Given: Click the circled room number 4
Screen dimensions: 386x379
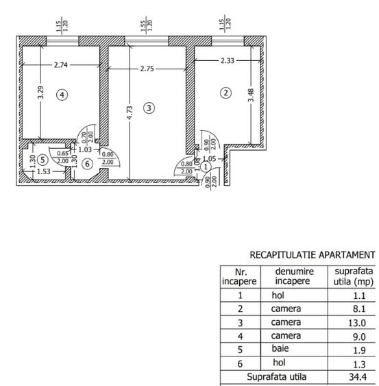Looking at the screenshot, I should (x=62, y=95).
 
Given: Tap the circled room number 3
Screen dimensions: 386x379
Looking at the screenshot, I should (x=149, y=107).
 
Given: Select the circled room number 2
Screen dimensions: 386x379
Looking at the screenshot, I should (x=223, y=93).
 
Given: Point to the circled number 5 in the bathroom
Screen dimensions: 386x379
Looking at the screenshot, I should (x=42, y=160).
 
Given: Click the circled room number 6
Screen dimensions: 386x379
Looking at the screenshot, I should (x=86, y=163).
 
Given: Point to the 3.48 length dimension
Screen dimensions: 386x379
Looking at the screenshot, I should (x=252, y=97).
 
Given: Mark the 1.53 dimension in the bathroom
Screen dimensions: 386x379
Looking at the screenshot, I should (x=43, y=171).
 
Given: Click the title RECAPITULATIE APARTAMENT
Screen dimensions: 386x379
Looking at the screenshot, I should (x=312, y=254).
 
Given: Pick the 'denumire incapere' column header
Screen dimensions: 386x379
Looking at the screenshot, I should (x=294, y=276).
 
